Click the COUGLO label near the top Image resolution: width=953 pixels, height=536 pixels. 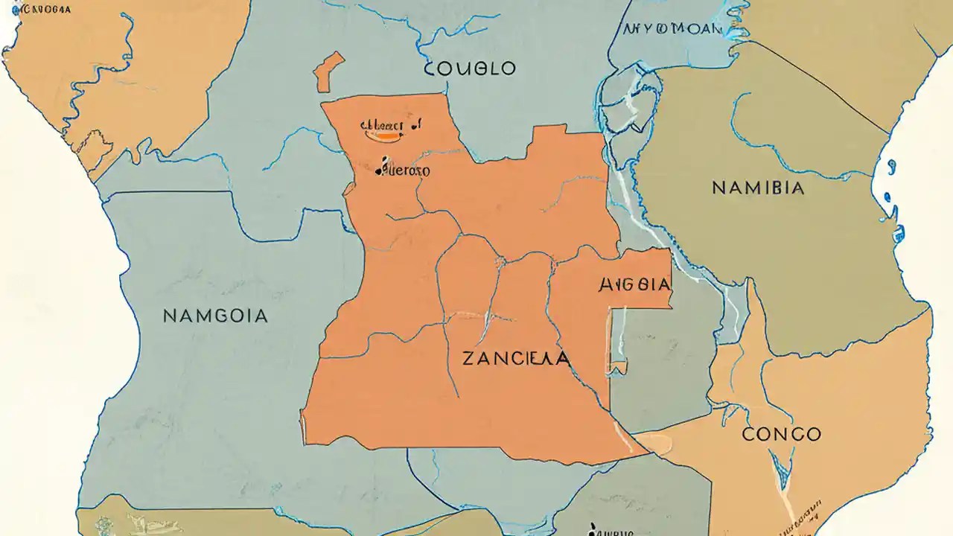click(470, 68)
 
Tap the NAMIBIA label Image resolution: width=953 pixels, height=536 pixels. click(758, 188)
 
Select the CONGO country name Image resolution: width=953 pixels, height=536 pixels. click(781, 434)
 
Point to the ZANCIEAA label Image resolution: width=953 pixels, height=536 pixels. click(516, 359)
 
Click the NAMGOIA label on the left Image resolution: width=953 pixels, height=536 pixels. click(214, 316)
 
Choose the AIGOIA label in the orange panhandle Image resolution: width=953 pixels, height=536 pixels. click(634, 284)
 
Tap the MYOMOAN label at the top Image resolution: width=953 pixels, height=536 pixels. click(672, 29)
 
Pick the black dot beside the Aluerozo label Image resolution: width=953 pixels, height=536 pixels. click(380, 170)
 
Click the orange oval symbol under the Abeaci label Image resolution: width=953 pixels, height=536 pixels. click(383, 135)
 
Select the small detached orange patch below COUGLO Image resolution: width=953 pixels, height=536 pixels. click(328, 71)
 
